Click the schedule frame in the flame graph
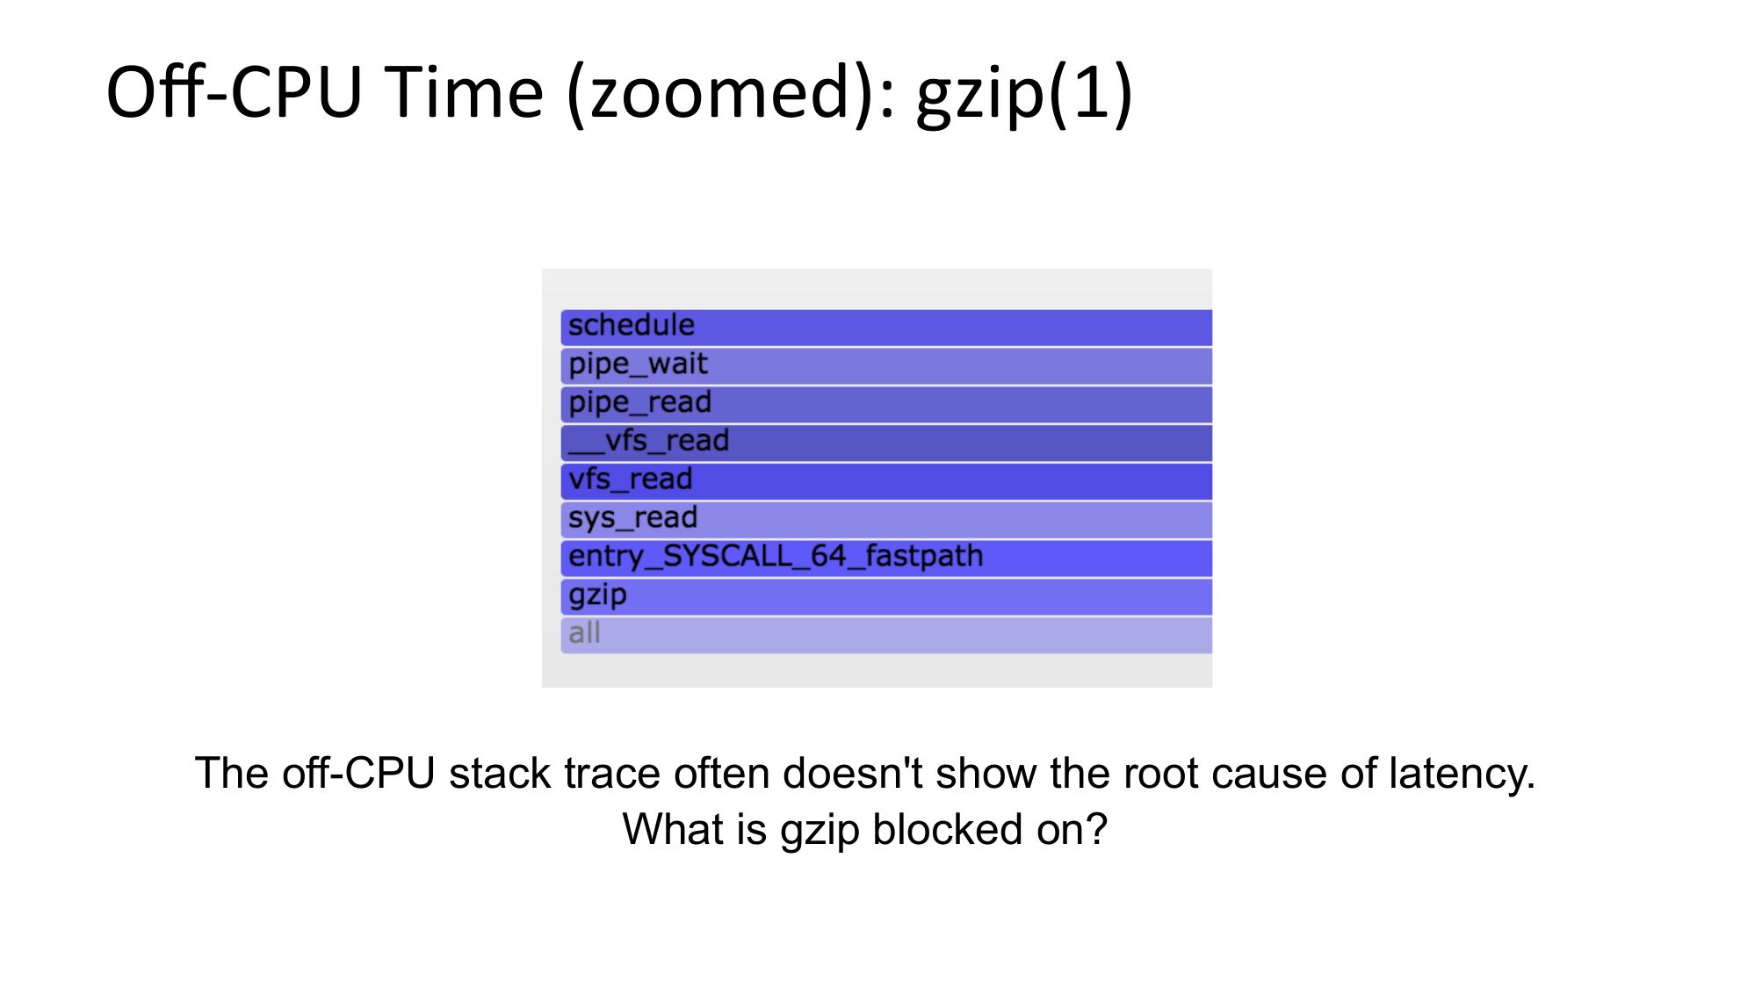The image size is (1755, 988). point(886,328)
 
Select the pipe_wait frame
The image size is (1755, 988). point(886,366)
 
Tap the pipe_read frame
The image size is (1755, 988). point(886,405)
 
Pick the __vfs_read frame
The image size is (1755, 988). point(886,444)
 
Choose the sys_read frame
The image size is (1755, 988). point(886,520)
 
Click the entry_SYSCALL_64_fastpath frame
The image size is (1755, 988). point(886,559)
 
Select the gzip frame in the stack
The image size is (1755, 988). point(886,597)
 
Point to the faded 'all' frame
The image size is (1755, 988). point(886,635)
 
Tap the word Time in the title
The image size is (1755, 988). point(465,92)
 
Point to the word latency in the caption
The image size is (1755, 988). point(1462,775)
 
